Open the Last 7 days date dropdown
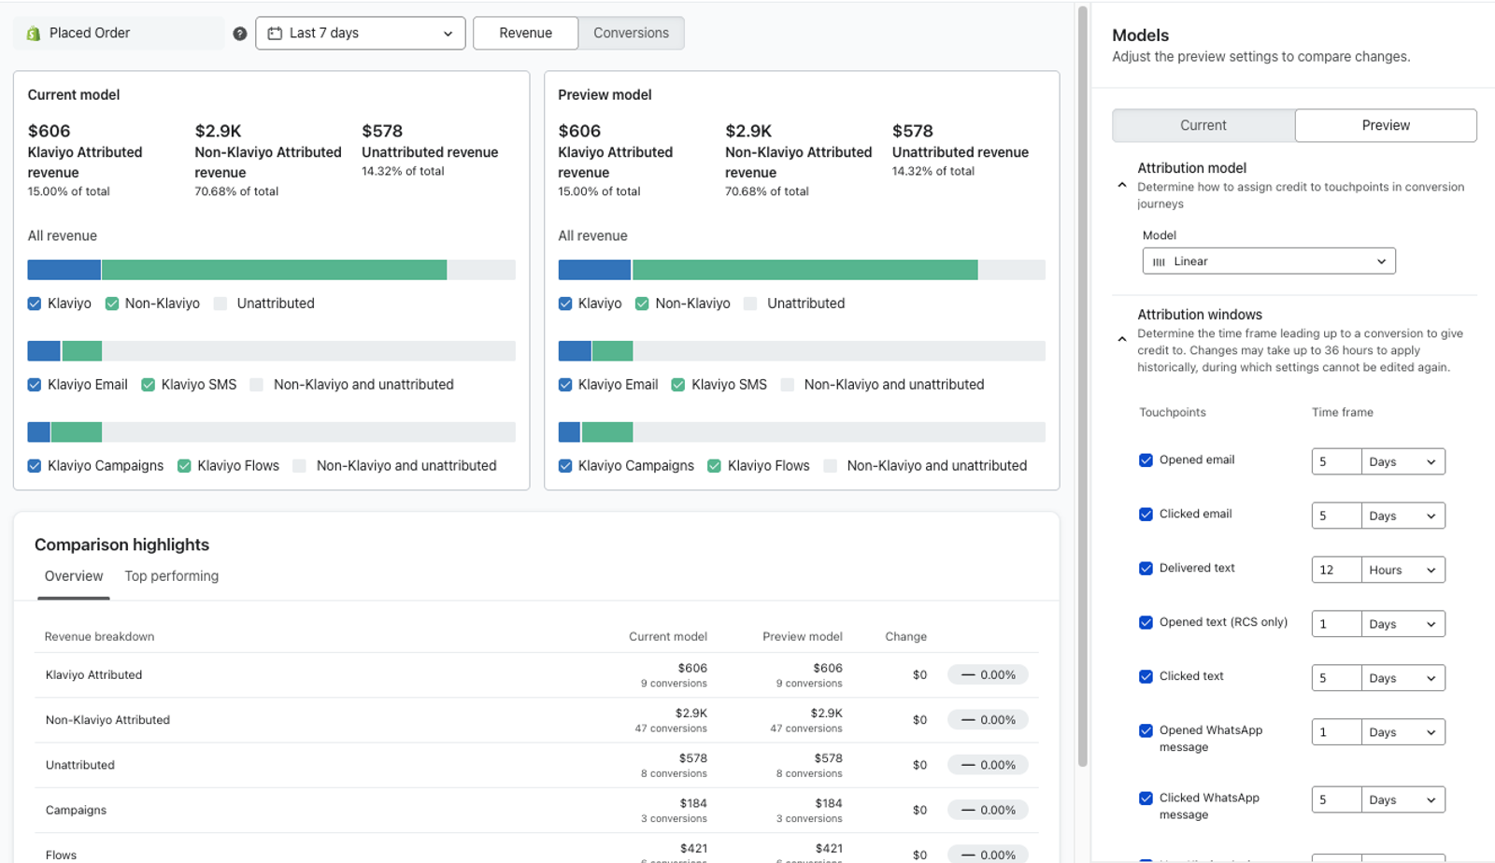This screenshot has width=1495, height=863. point(361,34)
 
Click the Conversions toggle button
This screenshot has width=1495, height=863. point(631,34)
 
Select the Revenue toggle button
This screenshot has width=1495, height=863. point(525,34)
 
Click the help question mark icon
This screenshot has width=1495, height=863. point(239,34)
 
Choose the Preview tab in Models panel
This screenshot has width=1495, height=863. point(1386,125)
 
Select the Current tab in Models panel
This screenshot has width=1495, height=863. point(1203,125)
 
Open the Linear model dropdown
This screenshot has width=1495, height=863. point(1269,262)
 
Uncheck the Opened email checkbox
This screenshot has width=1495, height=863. point(1146,460)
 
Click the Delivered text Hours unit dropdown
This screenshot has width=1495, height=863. point(1402,571)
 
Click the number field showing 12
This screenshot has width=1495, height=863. point(1336,571)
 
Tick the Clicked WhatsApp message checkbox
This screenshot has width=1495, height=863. point(1146,799)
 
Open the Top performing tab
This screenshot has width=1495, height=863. point(172,576)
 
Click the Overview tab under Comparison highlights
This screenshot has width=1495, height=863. point(74,576)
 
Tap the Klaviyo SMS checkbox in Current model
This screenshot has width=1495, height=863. point(149,385)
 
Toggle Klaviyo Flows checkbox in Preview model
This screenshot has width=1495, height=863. point(714,466)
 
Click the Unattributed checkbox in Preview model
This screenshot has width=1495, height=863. point(751,304)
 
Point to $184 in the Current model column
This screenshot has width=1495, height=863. point(693,803)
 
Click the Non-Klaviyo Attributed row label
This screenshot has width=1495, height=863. point(107,720)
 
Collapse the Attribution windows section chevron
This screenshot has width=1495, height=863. point(1122,339)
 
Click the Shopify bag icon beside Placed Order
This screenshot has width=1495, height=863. point(34,34)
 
